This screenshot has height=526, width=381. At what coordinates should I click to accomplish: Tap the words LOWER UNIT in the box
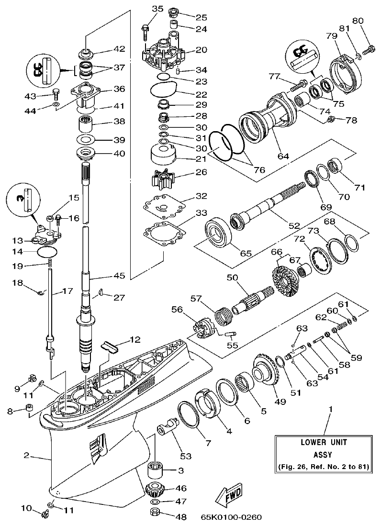click(x=324, y=442)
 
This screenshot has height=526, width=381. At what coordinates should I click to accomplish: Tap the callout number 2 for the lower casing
click(x=27, y=455)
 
